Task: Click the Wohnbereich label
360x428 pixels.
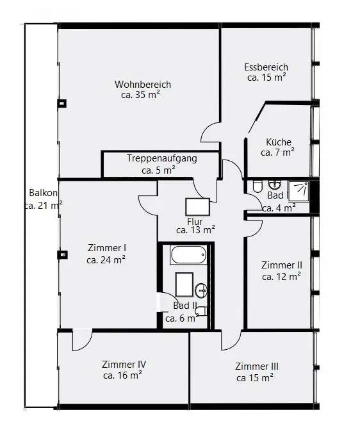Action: click(143, 85)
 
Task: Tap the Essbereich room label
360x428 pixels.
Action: click(266, 67)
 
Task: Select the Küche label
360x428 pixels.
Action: click(279, 142)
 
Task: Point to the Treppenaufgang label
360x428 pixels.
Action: click(162, 159)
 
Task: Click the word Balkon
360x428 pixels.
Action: click(43, 193)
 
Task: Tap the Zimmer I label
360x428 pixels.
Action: click(107, 248)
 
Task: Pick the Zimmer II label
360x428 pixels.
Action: click(282, 265)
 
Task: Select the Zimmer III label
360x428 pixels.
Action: click(257, 366)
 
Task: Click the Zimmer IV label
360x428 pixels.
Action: click(124, 365)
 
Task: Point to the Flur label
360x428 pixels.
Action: click(195, 221)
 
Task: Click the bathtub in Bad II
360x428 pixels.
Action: click(188, 254)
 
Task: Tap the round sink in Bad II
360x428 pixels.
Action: click(201, 290)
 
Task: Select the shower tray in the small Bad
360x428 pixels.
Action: click(299, 192)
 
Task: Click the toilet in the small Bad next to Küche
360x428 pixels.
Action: click(257, 186)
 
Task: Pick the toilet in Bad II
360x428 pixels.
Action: click(201, 311)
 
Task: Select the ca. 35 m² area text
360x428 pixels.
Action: click(140, 95)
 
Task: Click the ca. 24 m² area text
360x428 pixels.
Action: click(106, 260)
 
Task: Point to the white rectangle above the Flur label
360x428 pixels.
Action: click(197, 207)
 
